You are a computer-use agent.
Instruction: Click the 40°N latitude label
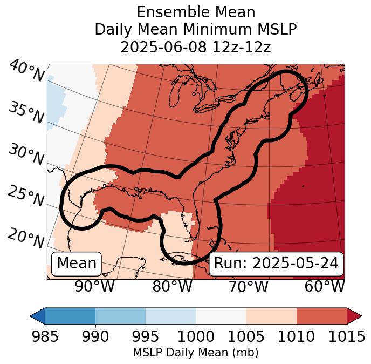pos(26,71)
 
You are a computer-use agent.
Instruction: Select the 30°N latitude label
pos(26,155)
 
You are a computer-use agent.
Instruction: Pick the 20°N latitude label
pos(26,238)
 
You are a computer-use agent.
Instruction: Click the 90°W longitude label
pos(95,286)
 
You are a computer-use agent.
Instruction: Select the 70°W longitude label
pos(249,286)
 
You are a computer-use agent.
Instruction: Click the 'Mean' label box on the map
pos(77,264)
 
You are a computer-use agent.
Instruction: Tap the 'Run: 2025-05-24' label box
pos(276,264)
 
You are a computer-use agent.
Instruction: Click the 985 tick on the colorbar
pos(45,336)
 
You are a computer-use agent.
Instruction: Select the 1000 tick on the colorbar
pos(196,336)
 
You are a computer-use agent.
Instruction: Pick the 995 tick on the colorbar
pos(146,336)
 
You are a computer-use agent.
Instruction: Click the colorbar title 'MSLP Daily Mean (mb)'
pos(195,353)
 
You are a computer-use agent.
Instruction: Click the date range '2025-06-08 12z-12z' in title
pos(196,47)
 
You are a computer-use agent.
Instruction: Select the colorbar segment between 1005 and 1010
pos(271,315)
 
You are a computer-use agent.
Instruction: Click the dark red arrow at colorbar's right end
pos(354,315)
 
